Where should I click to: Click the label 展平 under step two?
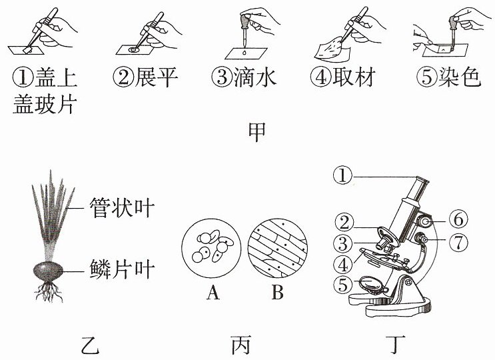(x=157, y=77)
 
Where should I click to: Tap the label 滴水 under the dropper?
(x=255, y=77)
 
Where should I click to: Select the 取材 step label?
(x=354, y=77)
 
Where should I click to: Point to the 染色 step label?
(x=460, y=77)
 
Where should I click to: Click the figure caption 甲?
(x=257, y=133)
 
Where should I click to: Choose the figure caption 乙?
(x=90, y=345)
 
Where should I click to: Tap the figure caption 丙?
(x=241, y=345)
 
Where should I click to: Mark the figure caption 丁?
(x=396, y=345)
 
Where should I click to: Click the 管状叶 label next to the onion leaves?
(x=122, y=208)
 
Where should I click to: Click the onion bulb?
(x=48, y=271)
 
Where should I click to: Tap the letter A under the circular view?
(x=213, y=293)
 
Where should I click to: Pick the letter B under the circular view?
(x=278, y=293)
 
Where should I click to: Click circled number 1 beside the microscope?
(x=342, y=175)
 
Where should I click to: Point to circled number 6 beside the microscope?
(x=458, y=219)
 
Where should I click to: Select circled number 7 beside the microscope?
(x=458, y=242)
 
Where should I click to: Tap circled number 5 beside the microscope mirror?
(x=343, y=285)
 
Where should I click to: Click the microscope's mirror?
(x=372, y=285)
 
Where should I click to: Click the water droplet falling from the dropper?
(x=244, y=53)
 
